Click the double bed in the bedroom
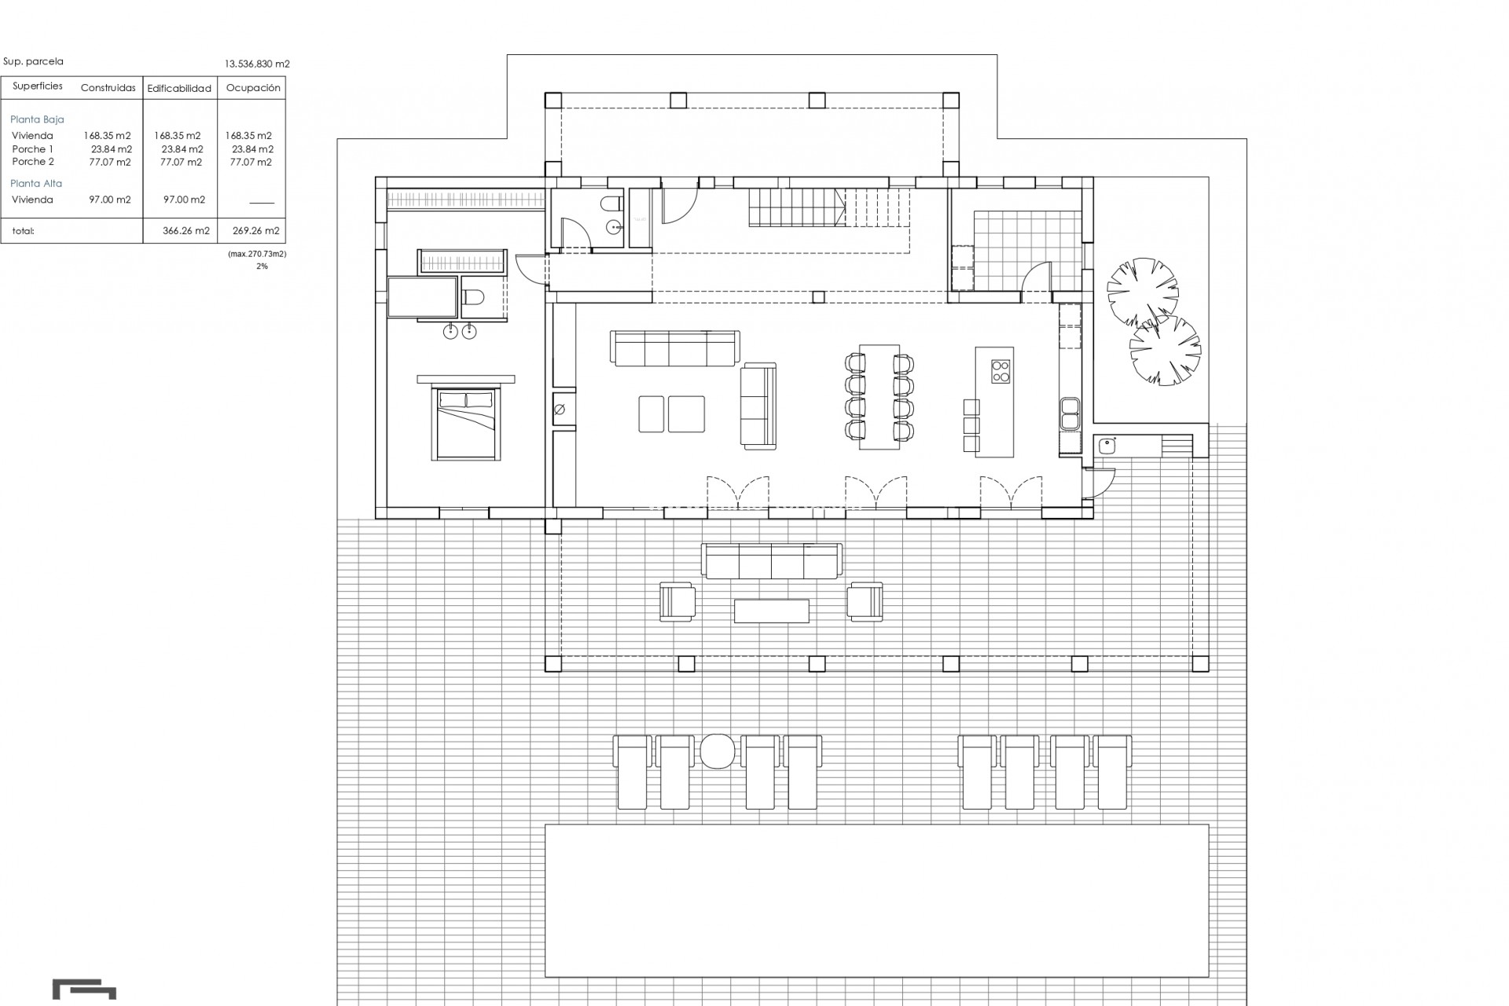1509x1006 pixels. [x=465, y=424]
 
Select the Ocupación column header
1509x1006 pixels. [x=253, y=88]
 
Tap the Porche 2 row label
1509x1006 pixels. [x=33, y=162]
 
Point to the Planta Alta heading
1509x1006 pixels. [x=36, y=183]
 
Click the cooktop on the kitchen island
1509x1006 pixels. [x=1000, y=371]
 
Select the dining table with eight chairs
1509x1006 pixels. [x=879, y=396]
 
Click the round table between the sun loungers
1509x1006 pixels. [x=716, y=751]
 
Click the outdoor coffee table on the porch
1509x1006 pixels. [x=771, y=611]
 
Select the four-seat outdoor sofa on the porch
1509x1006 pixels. [x=771, y=560]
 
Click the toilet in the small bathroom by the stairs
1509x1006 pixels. [x=610, y=206]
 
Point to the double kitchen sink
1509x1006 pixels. [x=1069, y=413]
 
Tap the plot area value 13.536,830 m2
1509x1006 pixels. [x=257, y=64]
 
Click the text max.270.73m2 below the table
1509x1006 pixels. [x=257, y=255]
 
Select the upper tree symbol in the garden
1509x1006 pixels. [x=1143, y=290]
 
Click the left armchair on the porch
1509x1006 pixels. [x=677, y=601]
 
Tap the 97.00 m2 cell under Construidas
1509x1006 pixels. [x=109, y=200]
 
